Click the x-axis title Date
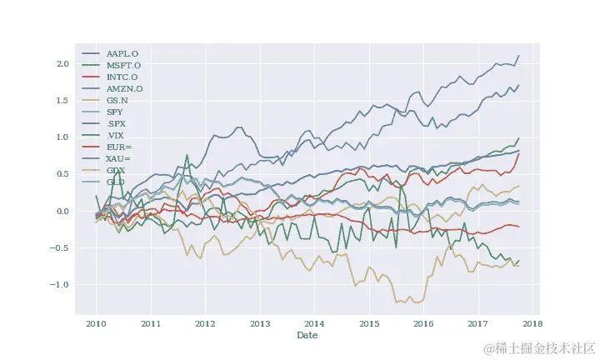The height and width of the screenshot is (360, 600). (307, 335)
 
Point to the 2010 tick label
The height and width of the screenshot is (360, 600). (96, 323)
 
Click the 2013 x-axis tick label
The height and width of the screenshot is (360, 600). (260, 323)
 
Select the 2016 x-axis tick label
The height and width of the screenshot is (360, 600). (423, 323)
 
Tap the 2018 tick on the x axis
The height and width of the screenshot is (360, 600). (532, 323)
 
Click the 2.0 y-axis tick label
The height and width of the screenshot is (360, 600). (62, 64)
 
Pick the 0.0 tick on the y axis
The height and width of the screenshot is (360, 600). (62, 211)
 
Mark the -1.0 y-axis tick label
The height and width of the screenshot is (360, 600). (61, 284)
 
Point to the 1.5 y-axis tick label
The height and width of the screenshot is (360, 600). (62, 101)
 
